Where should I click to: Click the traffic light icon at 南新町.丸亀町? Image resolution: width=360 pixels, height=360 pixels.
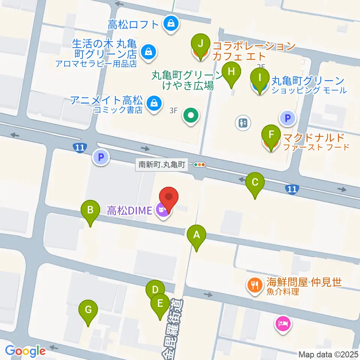click(199, 164)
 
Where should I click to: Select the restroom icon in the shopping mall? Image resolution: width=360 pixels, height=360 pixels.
click(243, 122)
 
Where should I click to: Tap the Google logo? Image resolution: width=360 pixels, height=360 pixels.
click(25, 351)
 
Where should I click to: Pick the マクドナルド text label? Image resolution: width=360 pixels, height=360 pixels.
click(313, 136)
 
